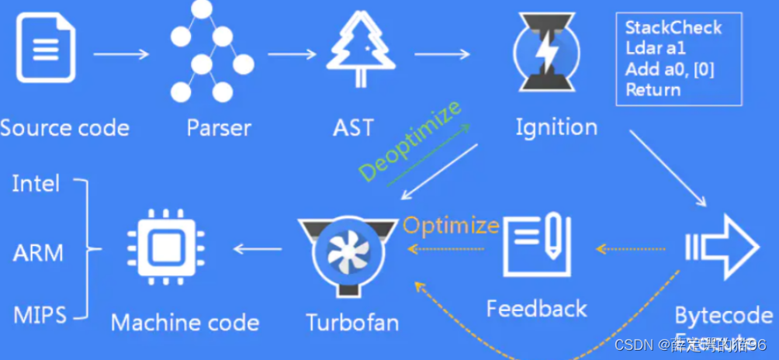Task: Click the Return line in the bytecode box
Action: click(653, 89)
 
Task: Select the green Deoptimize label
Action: click(411, 141)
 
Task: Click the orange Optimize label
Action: click(451, 226)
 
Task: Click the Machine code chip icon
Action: click(162, 248)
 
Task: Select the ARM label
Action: click(39, 251)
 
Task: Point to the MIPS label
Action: click(40, 315)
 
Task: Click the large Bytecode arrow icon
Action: click(722, 247)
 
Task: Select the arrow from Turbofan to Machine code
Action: click(258, 249)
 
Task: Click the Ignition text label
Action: click(556, 127)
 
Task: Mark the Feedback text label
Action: click(537, 309)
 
